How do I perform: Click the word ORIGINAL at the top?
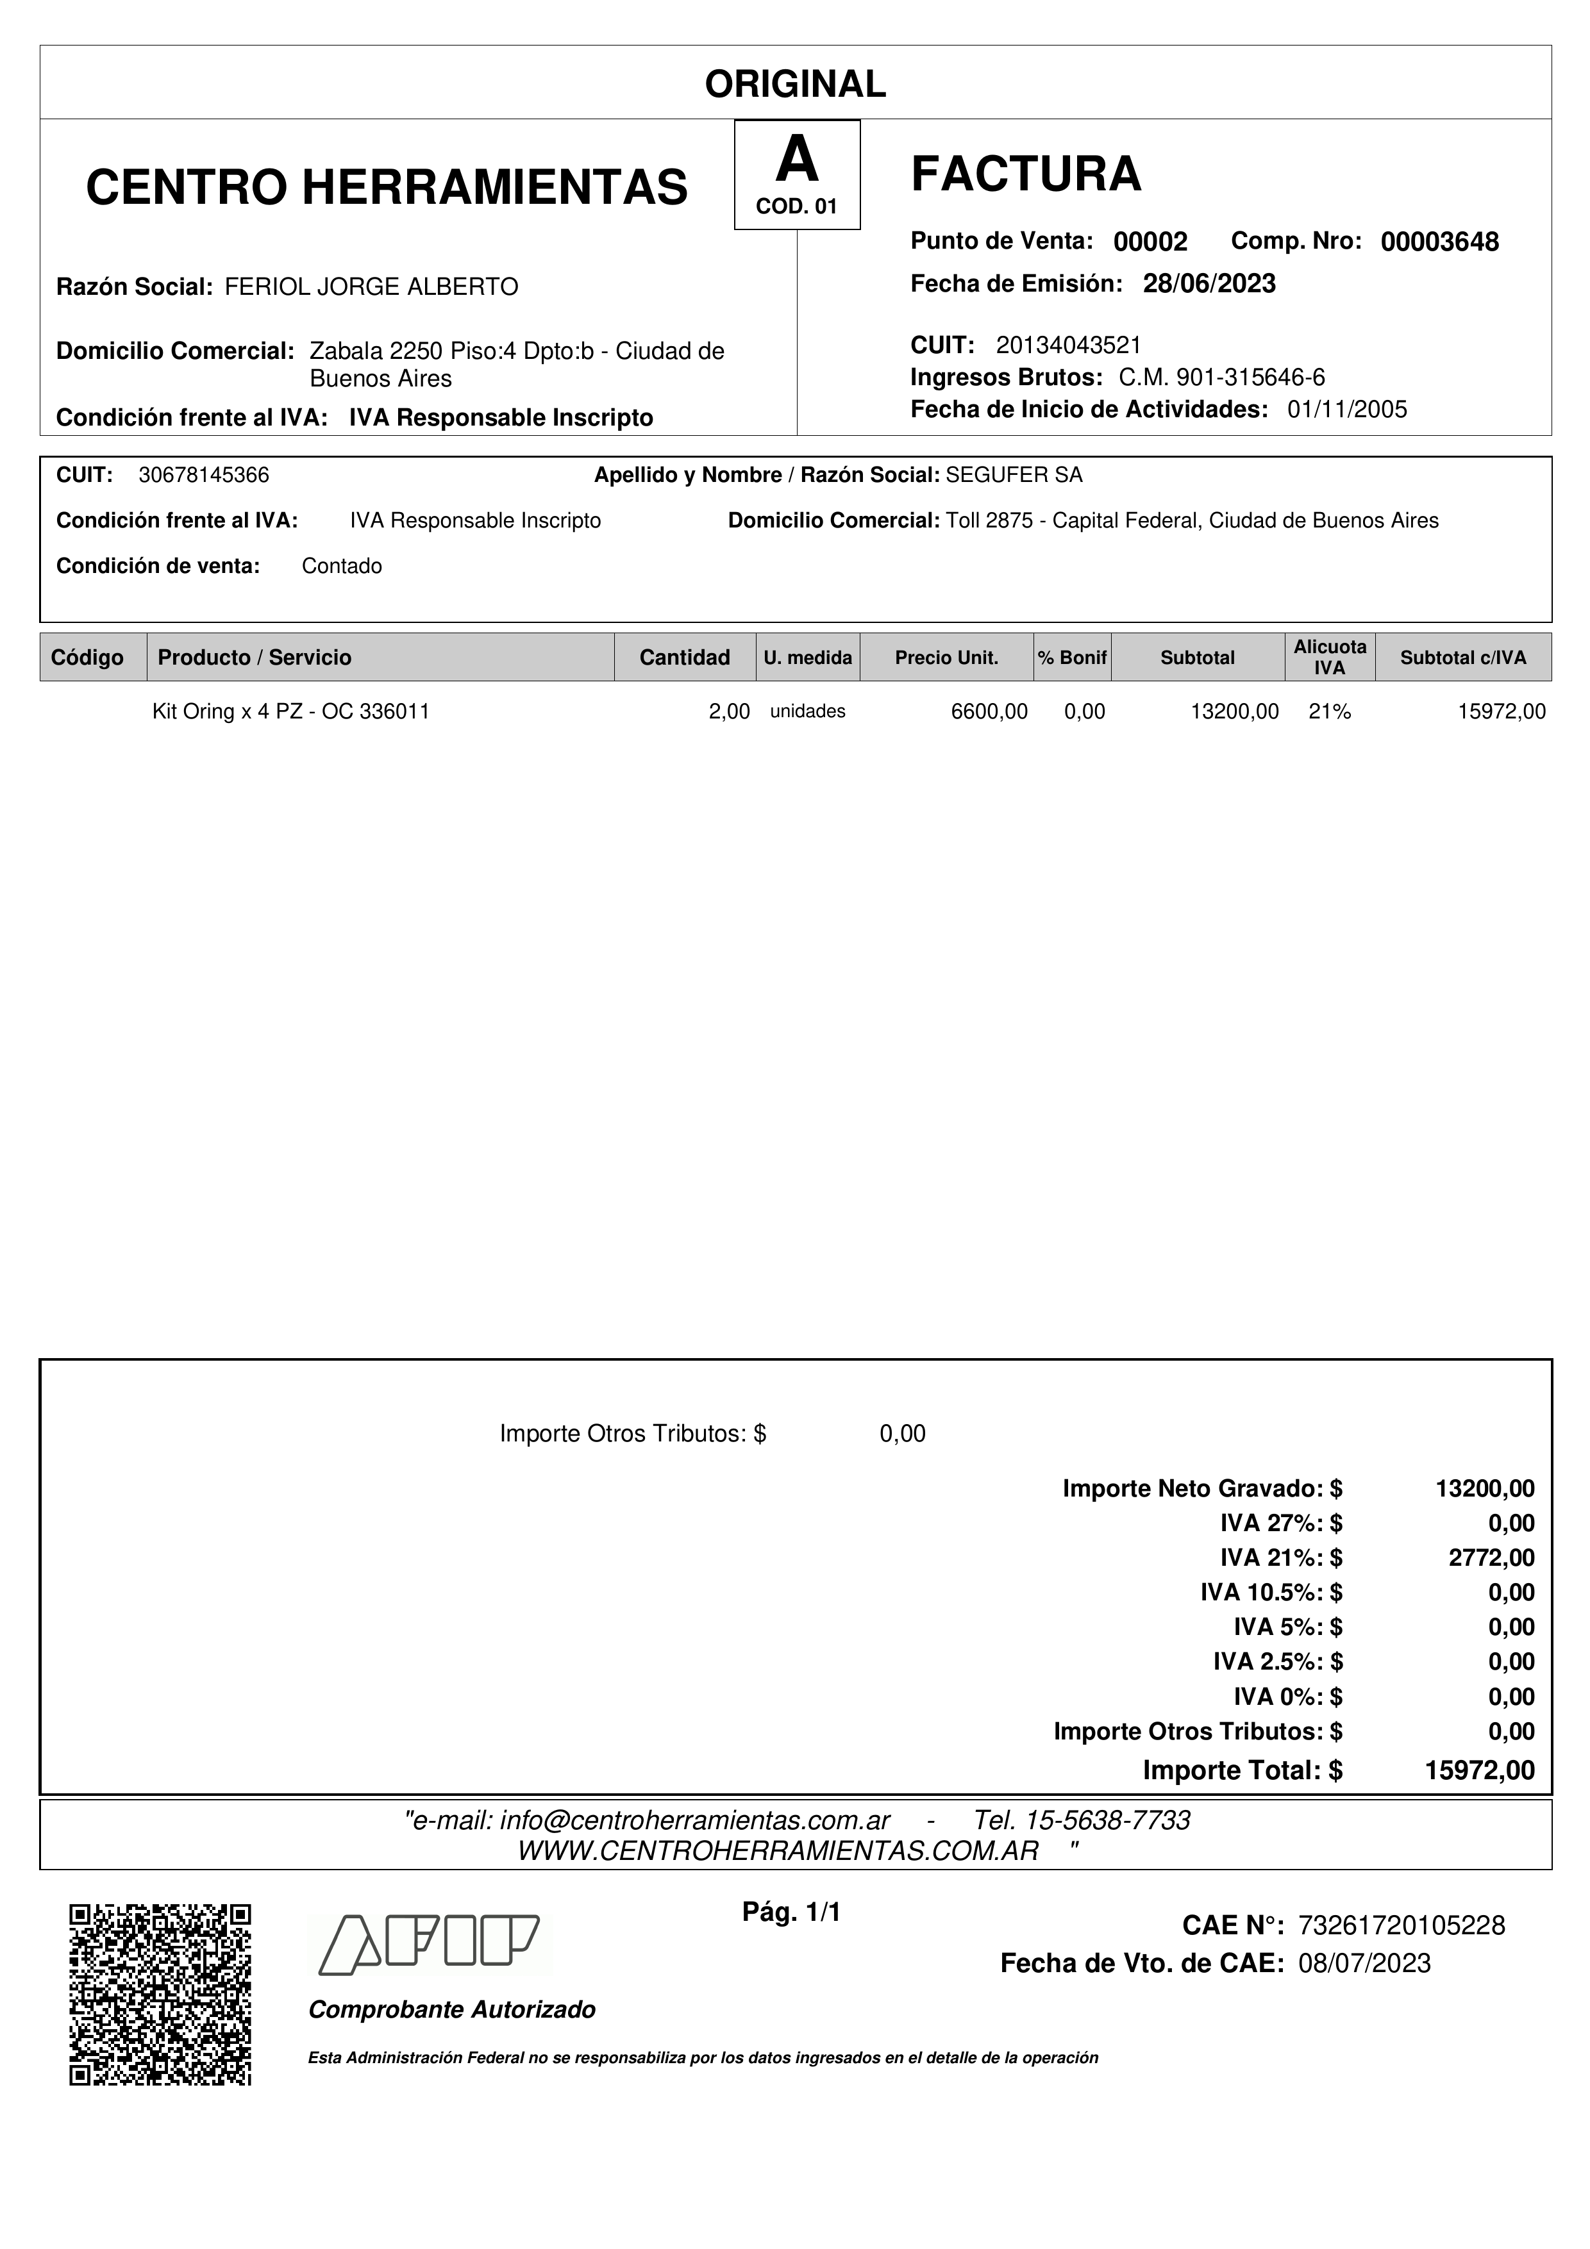tap(794, 84)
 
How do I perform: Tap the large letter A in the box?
tap(796, 160)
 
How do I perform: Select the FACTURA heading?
tap(1026, 174)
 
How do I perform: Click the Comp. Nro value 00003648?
tap(1439, 242)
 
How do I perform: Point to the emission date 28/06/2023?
tap(1209, 284)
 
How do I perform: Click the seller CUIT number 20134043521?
tap(1068, 345)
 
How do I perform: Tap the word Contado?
tap(342, 566)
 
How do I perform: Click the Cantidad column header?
tap(684, 657)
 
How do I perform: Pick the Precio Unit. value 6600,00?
tap(989, 712)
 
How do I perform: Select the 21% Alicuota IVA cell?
tap(1330, 712)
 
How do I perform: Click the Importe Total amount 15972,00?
tap(1479, 1771)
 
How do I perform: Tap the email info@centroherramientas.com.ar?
tap(694, 1821)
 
